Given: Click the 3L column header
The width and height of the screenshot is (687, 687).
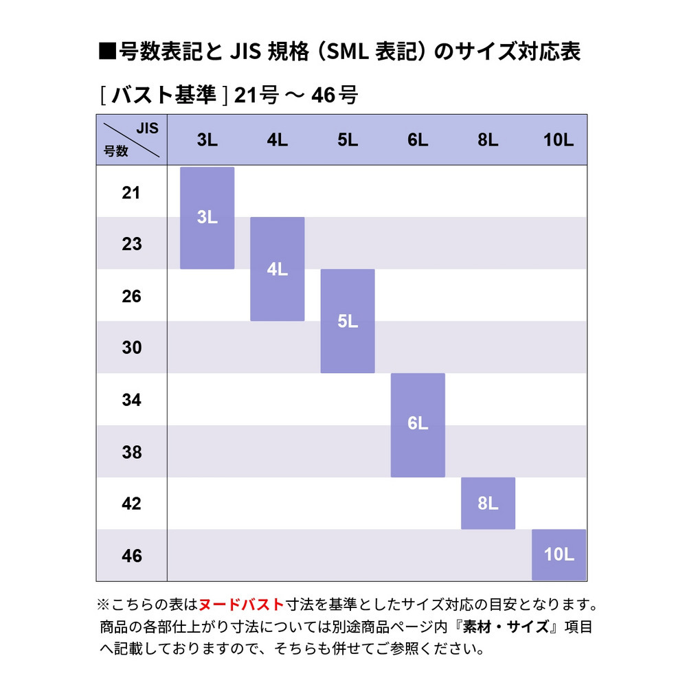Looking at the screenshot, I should [x=207, y=141].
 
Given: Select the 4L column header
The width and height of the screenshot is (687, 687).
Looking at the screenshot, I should [x=277, y=141].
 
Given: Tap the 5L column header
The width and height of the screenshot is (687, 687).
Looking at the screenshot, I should [x=348, y=141].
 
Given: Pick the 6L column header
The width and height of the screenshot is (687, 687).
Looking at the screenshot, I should [x=418, y=141].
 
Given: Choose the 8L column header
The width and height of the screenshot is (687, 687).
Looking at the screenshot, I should [x=488, y=141].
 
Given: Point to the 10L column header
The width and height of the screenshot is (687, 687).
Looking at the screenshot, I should [x=558, y=141].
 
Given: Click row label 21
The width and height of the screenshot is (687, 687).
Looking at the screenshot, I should [x=131, y=193].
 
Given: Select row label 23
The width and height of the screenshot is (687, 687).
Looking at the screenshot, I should [x=131, y=244].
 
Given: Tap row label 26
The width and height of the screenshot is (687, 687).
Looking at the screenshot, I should [x=131, y=296].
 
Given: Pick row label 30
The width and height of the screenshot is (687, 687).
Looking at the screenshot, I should [x=131, y=348].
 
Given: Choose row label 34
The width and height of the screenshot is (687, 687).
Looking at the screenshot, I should [x=131, y=400].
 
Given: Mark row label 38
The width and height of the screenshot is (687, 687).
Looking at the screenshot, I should [x=131, y=452].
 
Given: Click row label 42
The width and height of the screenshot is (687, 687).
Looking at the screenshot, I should [x=131, y=504].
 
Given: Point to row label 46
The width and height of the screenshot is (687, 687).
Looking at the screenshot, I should [x=131, y=555].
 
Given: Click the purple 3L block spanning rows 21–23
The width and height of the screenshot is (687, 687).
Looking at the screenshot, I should [x=207, y=218].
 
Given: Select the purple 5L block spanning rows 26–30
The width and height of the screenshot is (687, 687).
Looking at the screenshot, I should [x=348, y=321].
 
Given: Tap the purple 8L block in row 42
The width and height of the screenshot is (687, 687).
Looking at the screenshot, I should [x=488, y=504].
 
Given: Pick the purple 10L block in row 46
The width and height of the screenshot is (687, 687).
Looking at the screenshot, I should [x=559, y=555].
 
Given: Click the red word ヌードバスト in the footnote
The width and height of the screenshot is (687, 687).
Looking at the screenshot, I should [x=241, y=605].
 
